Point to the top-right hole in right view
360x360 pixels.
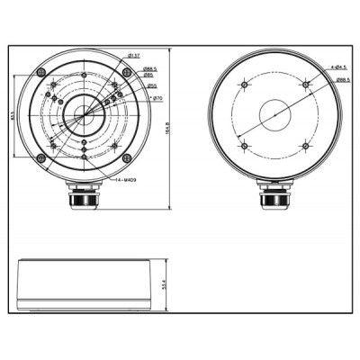coord(306,85)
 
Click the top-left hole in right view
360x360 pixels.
coord(244,85)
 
